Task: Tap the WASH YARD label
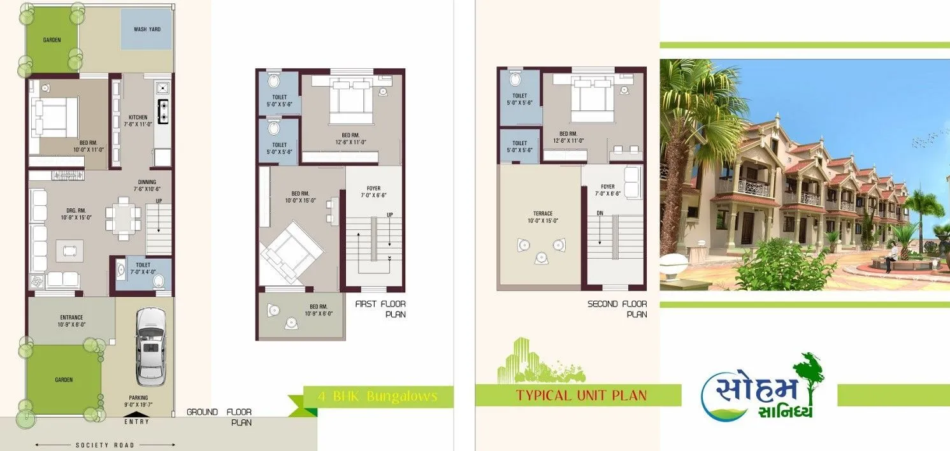pos(147,29)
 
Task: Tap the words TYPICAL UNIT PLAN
pos(581,396)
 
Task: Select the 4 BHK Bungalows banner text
pos(377,396)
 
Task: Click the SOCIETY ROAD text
pos(105,445)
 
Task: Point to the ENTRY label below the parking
pos(137,422)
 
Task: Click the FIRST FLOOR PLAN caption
pos(380,309)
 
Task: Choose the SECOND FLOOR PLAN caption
pos(617,309)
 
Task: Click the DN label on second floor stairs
pos(600,213)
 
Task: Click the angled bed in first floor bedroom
pos(288,252)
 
